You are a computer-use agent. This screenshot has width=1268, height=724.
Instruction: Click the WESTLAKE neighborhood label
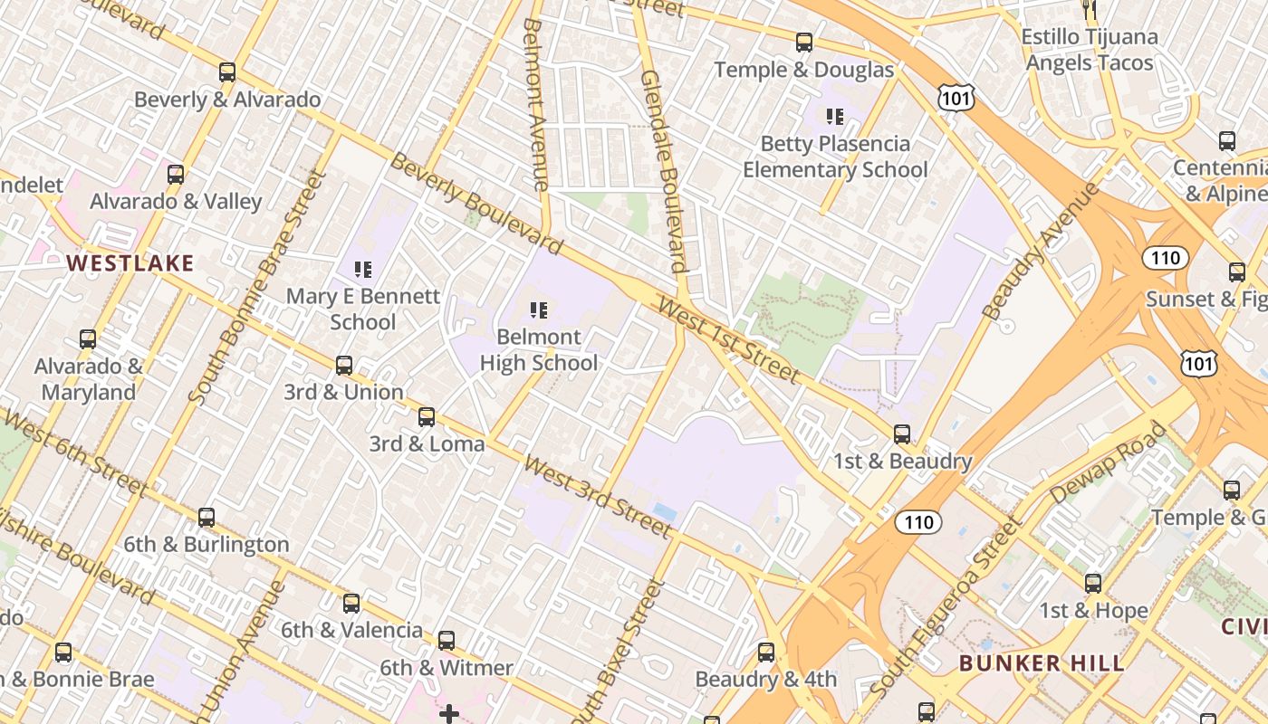click(x=130, y=263)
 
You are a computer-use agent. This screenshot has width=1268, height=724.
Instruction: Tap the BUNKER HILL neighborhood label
click(x=1042, y=662)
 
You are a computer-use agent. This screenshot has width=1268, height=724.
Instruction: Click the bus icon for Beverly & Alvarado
click(x=227, y=72)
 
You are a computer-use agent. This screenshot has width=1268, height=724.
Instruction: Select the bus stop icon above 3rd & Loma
click(x=427, y=417)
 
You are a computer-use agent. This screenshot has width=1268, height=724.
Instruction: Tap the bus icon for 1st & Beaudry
click(x=902, y=434)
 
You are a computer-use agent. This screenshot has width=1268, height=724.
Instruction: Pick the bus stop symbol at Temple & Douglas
click(x=803, y=43)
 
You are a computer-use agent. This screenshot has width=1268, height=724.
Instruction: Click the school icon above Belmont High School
click(x=539, y=310)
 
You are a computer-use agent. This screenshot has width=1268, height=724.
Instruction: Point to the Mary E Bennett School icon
click(x=363, y=269)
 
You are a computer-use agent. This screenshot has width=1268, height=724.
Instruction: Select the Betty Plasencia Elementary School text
click(x=835, y=157)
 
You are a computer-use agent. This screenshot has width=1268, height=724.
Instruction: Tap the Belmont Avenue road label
click(x=535, y=104)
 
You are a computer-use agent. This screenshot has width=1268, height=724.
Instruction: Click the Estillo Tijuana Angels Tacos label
click(x=1090, y=50)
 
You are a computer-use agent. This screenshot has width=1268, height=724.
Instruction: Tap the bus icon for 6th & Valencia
click(x=351, y=604)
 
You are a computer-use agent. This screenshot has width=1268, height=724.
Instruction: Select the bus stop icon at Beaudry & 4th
click(x=766, y=653)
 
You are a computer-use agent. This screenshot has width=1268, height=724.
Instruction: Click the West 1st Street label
click(x=729, y=342)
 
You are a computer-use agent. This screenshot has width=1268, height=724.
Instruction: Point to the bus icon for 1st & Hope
click(x=1093, y=584)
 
